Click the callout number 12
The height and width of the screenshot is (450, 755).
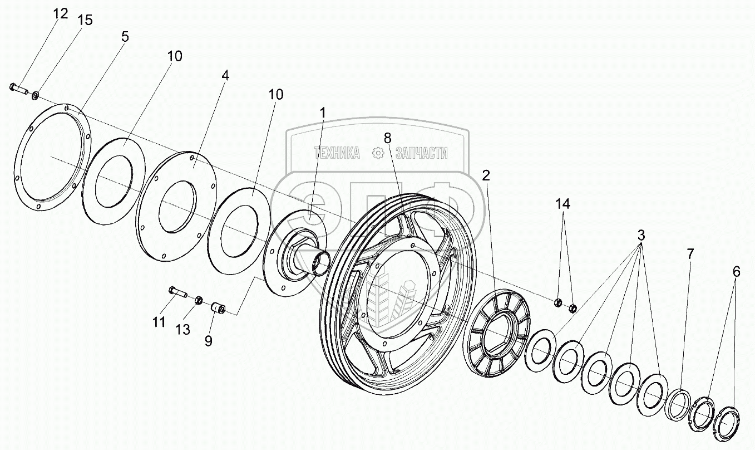pos(60,13)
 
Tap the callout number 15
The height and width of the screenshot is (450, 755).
pos(85,20)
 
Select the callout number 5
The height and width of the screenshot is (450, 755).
pos(124,37)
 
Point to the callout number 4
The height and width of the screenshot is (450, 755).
pos(225,75)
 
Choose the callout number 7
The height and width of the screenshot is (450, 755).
pos(690,254)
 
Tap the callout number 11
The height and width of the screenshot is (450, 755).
pos(159,322)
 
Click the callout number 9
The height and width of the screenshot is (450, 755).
pos(208,340)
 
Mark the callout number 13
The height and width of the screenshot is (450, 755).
pos(182,330)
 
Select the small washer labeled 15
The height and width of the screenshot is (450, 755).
pos(36,95)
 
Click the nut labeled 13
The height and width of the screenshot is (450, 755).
pos(198,301)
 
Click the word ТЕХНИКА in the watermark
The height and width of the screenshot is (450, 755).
pos(337,153)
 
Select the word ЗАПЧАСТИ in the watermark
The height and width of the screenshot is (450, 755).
pos(421,153)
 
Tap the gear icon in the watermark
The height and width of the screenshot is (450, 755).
pos(378,153)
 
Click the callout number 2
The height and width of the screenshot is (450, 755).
pos(486,176)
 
